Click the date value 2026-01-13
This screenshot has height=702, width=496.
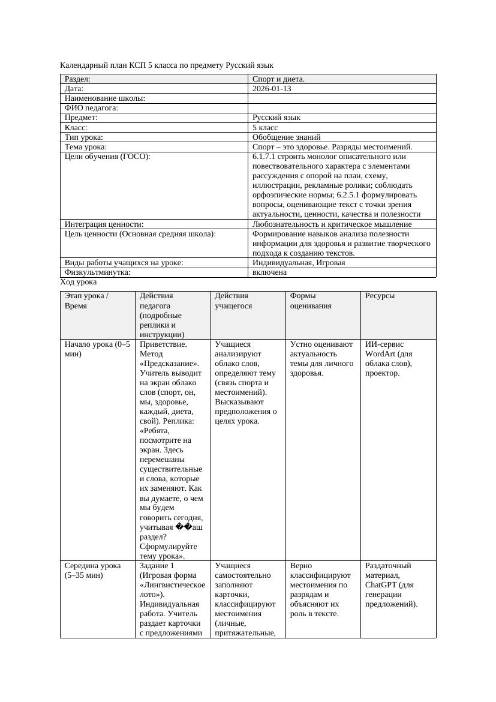coord(272,89)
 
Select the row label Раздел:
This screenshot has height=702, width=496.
coord(78,79)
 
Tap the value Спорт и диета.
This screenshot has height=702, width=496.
coord(278,79)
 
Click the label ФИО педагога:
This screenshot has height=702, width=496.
coord(91,108)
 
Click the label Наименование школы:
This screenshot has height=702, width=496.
coord(105,98)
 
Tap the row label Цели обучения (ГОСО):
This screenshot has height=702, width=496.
coord(107,157)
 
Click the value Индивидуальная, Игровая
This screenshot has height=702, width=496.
coord(298,263)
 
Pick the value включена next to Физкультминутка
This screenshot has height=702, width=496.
coord(269,272)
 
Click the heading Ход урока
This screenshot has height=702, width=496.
coord(78,282)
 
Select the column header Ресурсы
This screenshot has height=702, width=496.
coord(380,296)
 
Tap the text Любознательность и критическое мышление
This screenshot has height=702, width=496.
coord(332,224)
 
